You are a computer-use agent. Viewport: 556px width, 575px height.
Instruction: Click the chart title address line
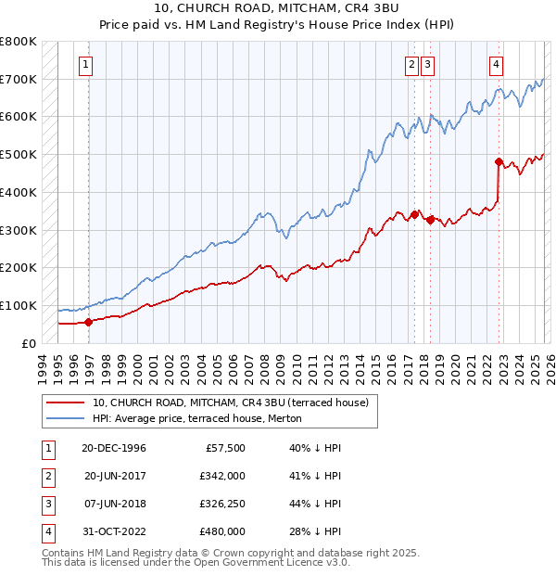tap(277, 9)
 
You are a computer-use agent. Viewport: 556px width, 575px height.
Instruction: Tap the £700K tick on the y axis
tap(19, 80)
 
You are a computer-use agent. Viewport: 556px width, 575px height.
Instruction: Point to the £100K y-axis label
tap(19, 305)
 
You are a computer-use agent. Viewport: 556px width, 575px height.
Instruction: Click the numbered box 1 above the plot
tap(85, 65)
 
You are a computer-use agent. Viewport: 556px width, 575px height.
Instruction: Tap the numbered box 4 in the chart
tap(497, 65)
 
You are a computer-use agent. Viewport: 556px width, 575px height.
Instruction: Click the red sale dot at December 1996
tap(89, 322)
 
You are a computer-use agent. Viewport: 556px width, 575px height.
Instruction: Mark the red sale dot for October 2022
tap(499, 162)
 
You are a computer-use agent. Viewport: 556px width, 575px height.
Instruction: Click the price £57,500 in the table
tap(225, 448)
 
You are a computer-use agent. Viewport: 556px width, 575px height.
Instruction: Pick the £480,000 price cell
tap(221, 531)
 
